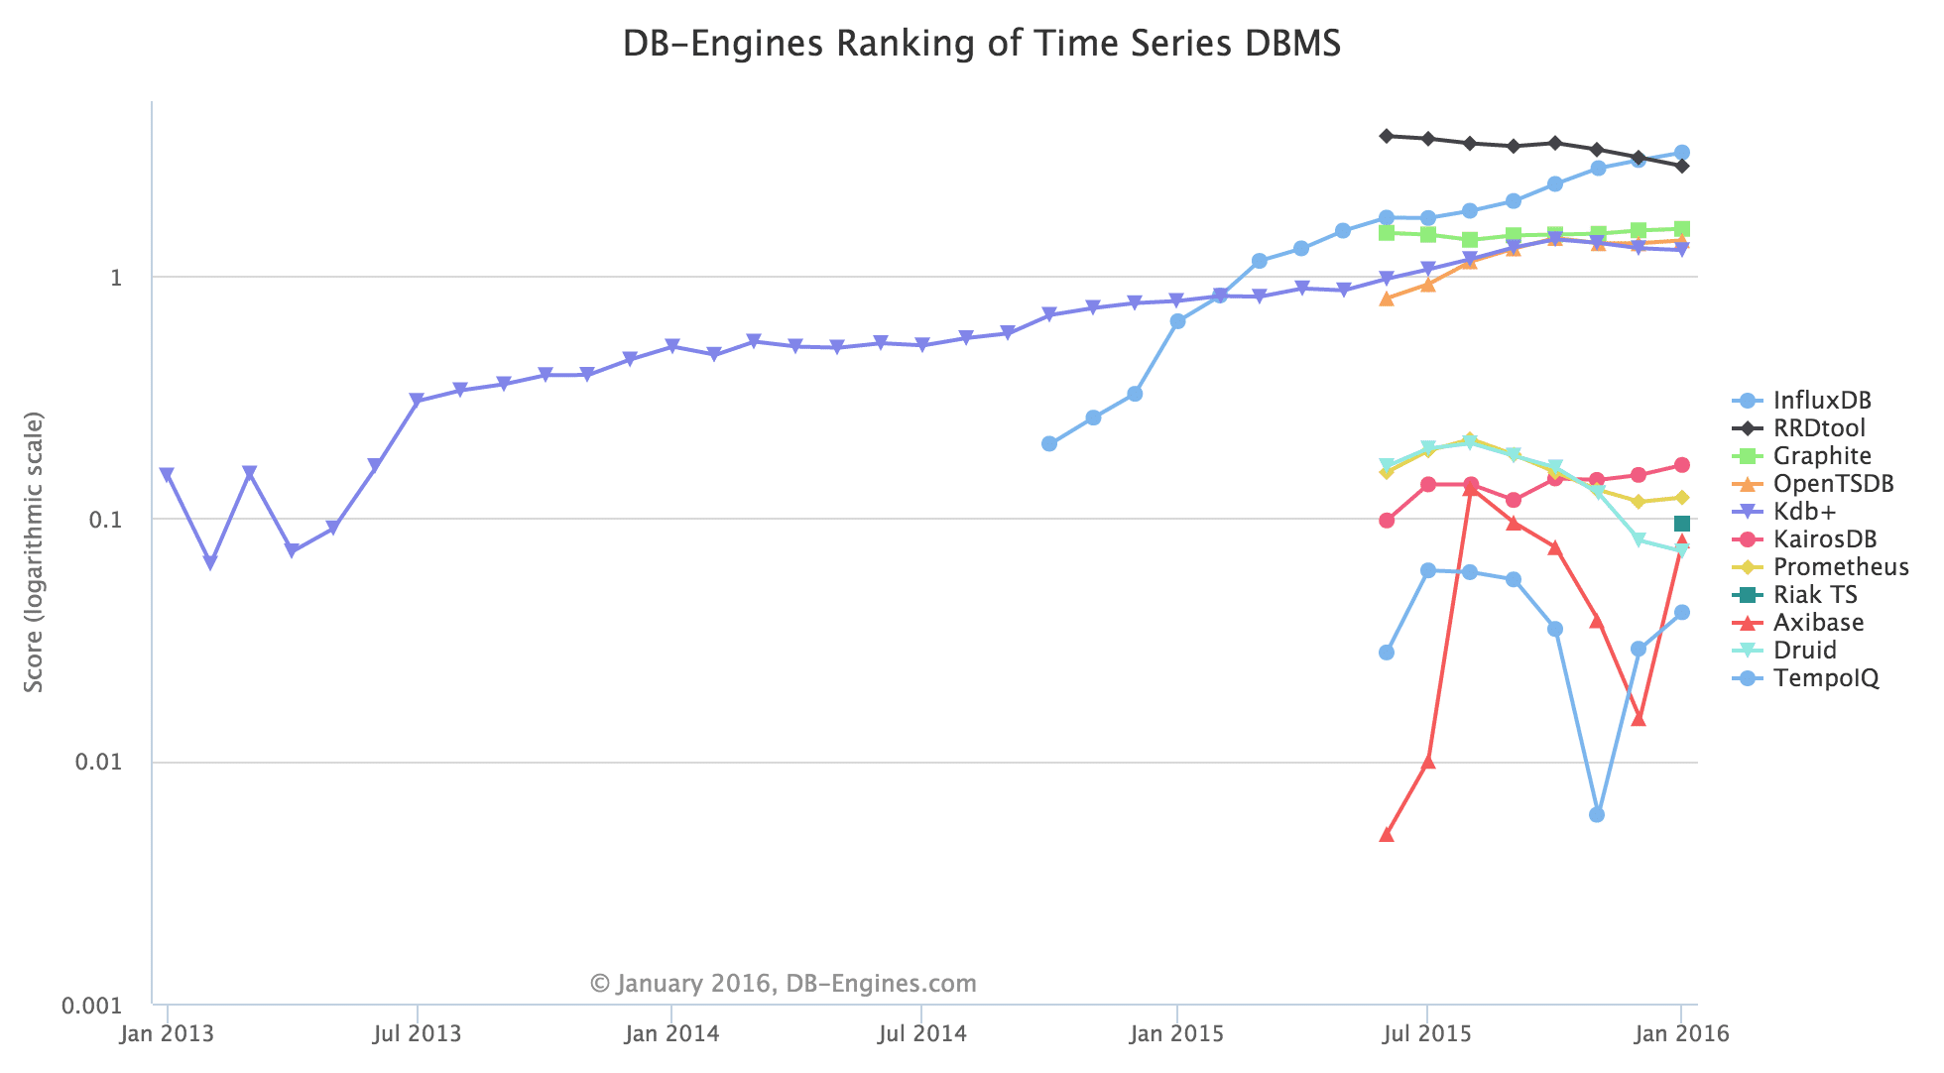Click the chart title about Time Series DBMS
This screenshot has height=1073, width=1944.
(981, 45)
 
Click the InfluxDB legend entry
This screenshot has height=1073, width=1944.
(1822, 401)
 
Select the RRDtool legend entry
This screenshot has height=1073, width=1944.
(1819, 428)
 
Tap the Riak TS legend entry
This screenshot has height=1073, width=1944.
(1815, 595)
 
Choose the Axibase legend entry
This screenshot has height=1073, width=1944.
(1818, 623)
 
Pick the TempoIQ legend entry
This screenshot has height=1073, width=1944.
(1826, 678)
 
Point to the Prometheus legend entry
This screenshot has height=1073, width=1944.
(1841, 567)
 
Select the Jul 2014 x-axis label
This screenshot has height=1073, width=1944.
(923, 1034)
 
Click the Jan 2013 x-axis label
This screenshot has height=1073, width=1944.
(167, 1034)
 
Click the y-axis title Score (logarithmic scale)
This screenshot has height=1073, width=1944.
(35, 551)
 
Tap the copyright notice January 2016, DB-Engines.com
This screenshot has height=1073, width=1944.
(784, 984)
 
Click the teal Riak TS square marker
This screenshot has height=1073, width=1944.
(1682, 524)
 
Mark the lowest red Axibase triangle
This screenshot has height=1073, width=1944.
(1387, 835)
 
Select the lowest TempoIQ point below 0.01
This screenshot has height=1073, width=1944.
(1597, 815)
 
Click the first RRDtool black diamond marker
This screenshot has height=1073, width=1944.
(1387, 136)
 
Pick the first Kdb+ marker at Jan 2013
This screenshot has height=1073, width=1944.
(167, 474)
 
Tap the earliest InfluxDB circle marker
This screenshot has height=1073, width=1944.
(1049, 443)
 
